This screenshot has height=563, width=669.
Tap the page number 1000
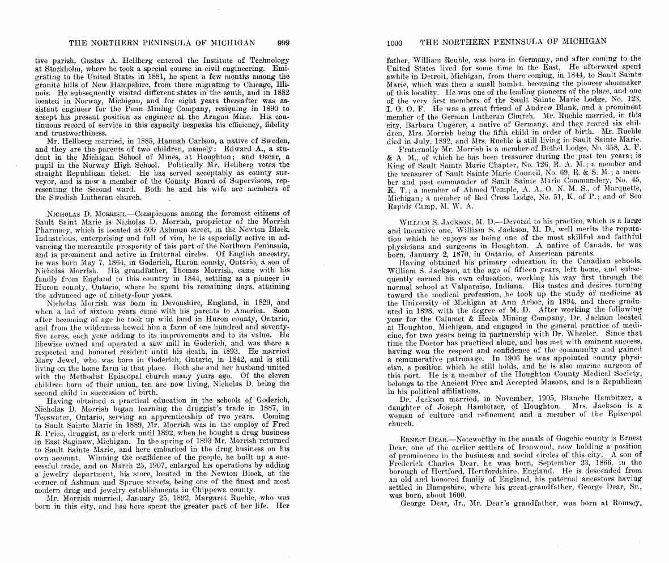click(394, 43)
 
